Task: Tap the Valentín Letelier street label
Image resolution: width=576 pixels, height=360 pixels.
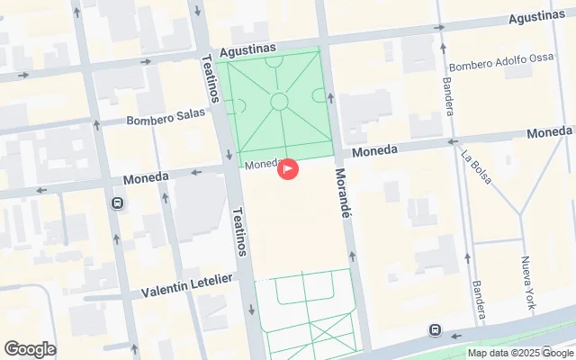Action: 187,286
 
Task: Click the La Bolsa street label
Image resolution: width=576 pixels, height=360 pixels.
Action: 476,166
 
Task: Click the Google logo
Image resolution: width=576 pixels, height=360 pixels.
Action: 30,349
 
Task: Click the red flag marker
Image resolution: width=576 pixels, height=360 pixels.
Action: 287,167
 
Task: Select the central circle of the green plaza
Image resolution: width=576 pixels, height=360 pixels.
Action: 279,101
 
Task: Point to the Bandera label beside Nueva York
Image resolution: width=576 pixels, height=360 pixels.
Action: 477,301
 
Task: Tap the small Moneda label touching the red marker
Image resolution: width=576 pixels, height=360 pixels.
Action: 262,165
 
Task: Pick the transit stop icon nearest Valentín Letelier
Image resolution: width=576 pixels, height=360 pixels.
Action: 117,203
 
